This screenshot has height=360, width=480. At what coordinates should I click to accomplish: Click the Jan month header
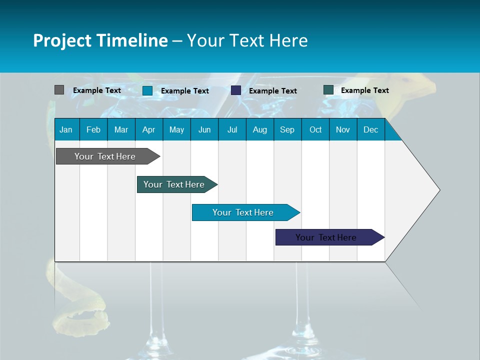tap(66, 129)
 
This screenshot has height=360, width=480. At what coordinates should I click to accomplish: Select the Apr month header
tap(149, 129)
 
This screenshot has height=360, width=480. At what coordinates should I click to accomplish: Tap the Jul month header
tap(232, 129)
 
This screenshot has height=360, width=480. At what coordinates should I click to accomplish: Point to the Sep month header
tap(287, 129)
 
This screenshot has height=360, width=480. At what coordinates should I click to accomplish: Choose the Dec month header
tap(370, 129)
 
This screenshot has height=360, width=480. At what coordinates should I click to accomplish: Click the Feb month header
tap(93, 129)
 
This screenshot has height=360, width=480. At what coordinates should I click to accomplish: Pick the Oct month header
tap(315, 129)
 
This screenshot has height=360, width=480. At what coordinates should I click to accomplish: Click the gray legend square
tap(59, 90)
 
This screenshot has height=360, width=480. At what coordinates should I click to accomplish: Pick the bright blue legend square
tap(147, 90)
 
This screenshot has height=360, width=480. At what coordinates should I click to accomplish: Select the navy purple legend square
tap(236, 90)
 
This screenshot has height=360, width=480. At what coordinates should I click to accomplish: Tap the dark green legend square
tap(328, 90)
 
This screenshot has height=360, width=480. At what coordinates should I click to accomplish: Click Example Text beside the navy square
tap(272, 91)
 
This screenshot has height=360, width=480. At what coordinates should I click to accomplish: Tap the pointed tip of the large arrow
tap(438, 189)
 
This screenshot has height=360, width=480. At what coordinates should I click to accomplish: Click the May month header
tap(176, 129)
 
